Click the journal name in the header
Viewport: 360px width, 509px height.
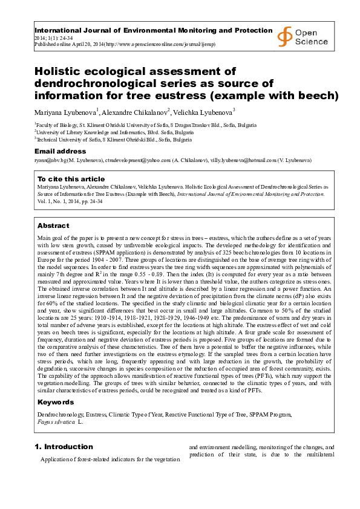tap(153, 30)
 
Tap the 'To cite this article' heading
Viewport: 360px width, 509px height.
tap(71, 179)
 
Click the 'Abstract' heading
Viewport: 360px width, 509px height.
tap(53, 225)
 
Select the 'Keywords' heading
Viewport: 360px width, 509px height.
tap(56, 402)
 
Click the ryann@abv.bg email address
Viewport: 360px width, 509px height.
tap(51, 161)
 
